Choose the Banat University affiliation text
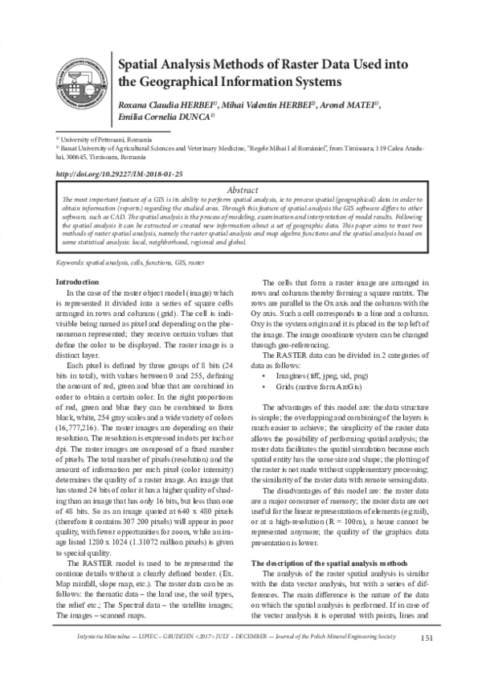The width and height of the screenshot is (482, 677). pos(241,149)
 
